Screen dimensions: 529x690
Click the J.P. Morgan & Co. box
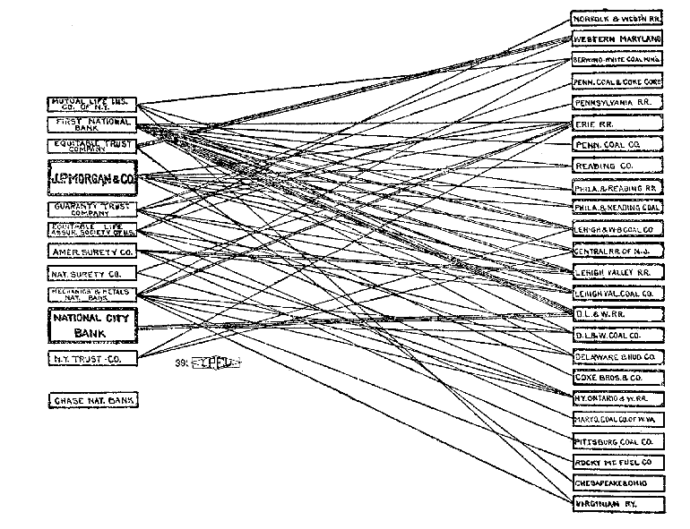click(92, 178)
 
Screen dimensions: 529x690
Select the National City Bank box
click(92, 326)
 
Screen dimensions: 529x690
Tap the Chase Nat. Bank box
click(92, 400)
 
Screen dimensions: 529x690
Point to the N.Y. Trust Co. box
click(92, 359)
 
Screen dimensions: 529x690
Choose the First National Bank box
click(92, 124)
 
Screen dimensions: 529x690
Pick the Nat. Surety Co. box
click(92, 273)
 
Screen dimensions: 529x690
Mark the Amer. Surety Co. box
click(92, 252)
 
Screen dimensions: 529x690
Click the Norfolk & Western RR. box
click(617, 18)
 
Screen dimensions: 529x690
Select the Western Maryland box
click(617, 39)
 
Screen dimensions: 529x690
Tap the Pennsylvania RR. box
click(617, 103)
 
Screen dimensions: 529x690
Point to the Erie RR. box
click(617, 124)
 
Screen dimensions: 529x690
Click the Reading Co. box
click(617, 166)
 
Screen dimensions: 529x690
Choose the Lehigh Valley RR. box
click(617, 272)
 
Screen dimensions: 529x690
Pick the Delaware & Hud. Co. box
click(617, 356)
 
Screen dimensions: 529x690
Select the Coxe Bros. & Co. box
click(617, 378)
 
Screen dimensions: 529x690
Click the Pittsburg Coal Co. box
click(617, 441)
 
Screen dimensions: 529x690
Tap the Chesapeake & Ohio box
click(617, 483)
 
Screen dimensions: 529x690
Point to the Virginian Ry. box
click(617, 505)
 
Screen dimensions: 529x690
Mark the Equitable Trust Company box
click(92, 145)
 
